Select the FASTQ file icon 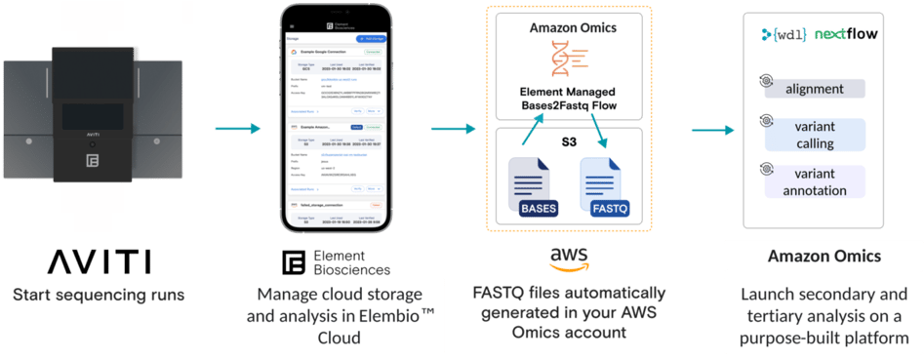(604, 185)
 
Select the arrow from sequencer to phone (237, 128)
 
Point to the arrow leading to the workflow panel (711, 130)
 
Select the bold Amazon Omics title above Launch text (822, 256)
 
